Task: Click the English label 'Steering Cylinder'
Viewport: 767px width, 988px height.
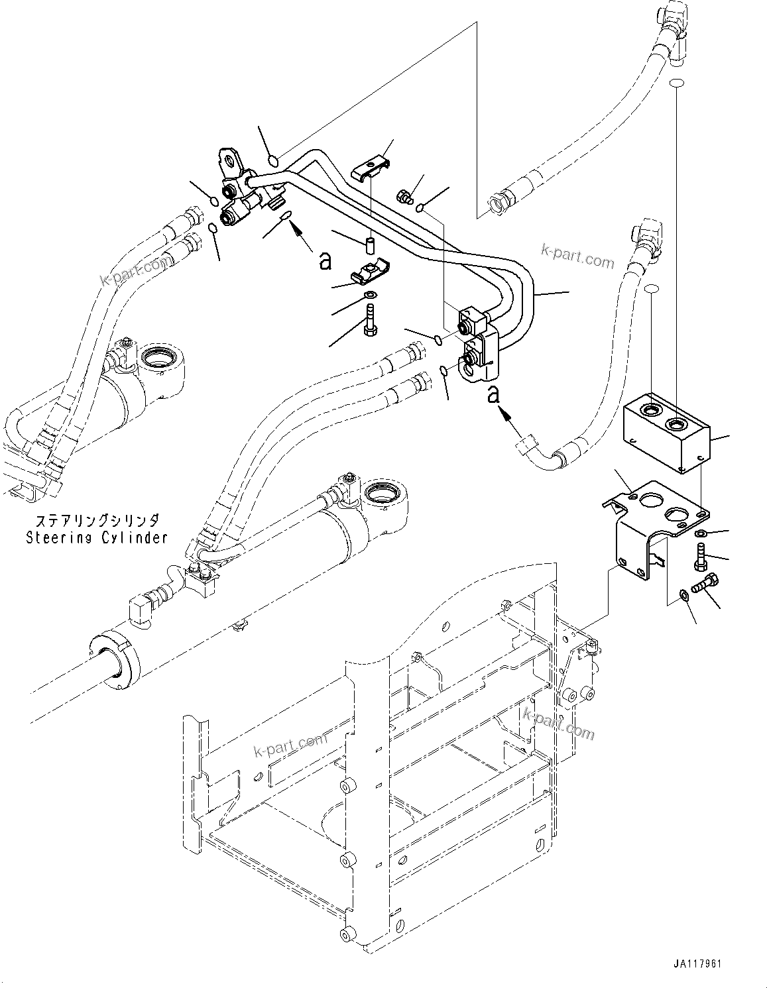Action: point(97,537)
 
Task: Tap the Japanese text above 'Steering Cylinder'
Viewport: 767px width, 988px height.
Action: point(97,521)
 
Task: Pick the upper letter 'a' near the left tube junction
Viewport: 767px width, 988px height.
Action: point(325,262)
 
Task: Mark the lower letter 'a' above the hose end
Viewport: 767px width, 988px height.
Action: point(493,394)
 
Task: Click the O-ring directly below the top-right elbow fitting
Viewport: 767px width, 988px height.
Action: point(676,83)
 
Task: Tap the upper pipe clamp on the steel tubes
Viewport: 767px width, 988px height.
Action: point(371,168)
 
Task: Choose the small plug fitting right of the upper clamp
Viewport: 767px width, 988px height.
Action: point(404,195)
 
